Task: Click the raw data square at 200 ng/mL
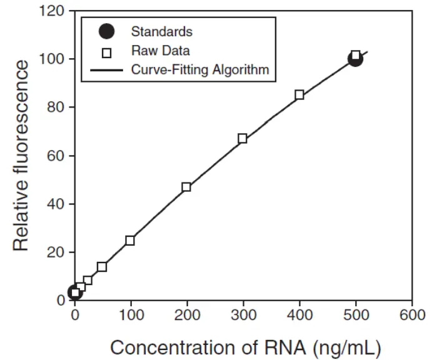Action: point(186,187)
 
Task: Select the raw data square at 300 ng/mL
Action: point(243,139)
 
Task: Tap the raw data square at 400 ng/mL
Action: point(299,95)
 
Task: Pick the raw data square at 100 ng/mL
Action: point(130,240)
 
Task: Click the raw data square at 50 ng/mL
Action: point(102,267)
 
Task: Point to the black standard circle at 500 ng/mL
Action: point(355,59)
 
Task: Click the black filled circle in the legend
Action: point(107,31)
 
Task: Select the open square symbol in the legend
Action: point(107,51)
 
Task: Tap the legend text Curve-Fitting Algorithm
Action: point(200,69)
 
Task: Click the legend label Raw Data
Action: point(161,51)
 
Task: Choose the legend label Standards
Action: point(162,31)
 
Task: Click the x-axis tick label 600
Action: point(411,315)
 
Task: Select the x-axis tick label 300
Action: point(243,315)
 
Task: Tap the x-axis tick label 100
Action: point(130,315)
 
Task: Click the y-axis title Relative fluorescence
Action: point(22,156)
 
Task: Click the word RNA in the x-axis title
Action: point(281,346)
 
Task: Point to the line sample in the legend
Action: point(107,70)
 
